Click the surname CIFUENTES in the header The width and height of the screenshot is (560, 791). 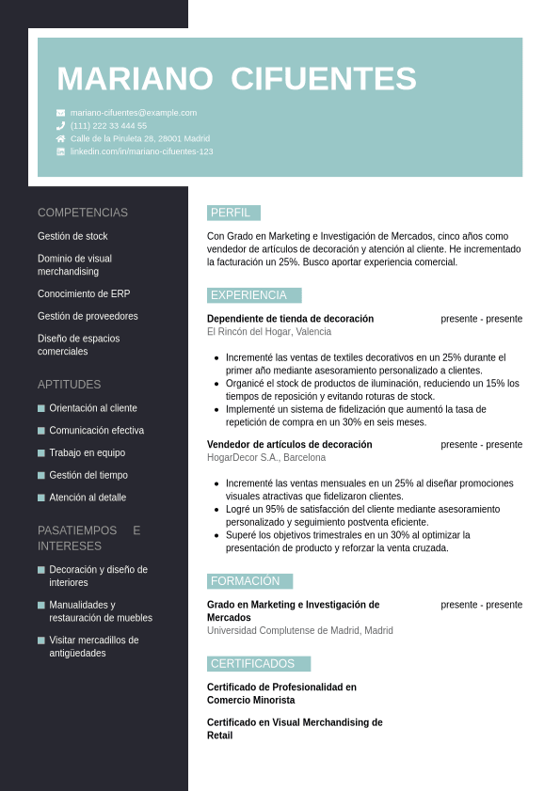(x=323, y=79)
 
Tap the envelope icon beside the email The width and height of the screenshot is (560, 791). (x=61, y=113)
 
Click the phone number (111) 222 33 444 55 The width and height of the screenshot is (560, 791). (x=108, y=126)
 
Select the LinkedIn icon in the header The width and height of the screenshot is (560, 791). (x=61, y=151)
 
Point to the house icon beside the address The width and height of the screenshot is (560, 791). (x=61, y=138)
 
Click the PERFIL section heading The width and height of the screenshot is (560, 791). (x=231, y=213)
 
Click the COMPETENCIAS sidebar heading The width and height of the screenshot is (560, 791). (x=83, y=213)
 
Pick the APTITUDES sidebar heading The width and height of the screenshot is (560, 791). (x=69, y=385)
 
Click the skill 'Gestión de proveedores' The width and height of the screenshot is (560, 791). (x=88, y=316)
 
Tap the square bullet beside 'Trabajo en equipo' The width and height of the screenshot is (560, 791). (x=41, y=453)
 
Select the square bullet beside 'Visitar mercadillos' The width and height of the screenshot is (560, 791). (x=41, y=641)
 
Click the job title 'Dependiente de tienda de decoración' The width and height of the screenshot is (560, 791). (x=290, y=319)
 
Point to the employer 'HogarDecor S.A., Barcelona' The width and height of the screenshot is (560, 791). (x=266, y=458)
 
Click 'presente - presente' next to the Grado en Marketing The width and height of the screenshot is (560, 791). (x=481, y=605)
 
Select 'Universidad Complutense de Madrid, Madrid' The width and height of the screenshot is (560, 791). (x=300, y=631)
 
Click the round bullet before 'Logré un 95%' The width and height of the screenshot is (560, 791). (x=217, y=510)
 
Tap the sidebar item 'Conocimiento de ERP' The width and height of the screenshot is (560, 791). (x=84, y=293)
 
